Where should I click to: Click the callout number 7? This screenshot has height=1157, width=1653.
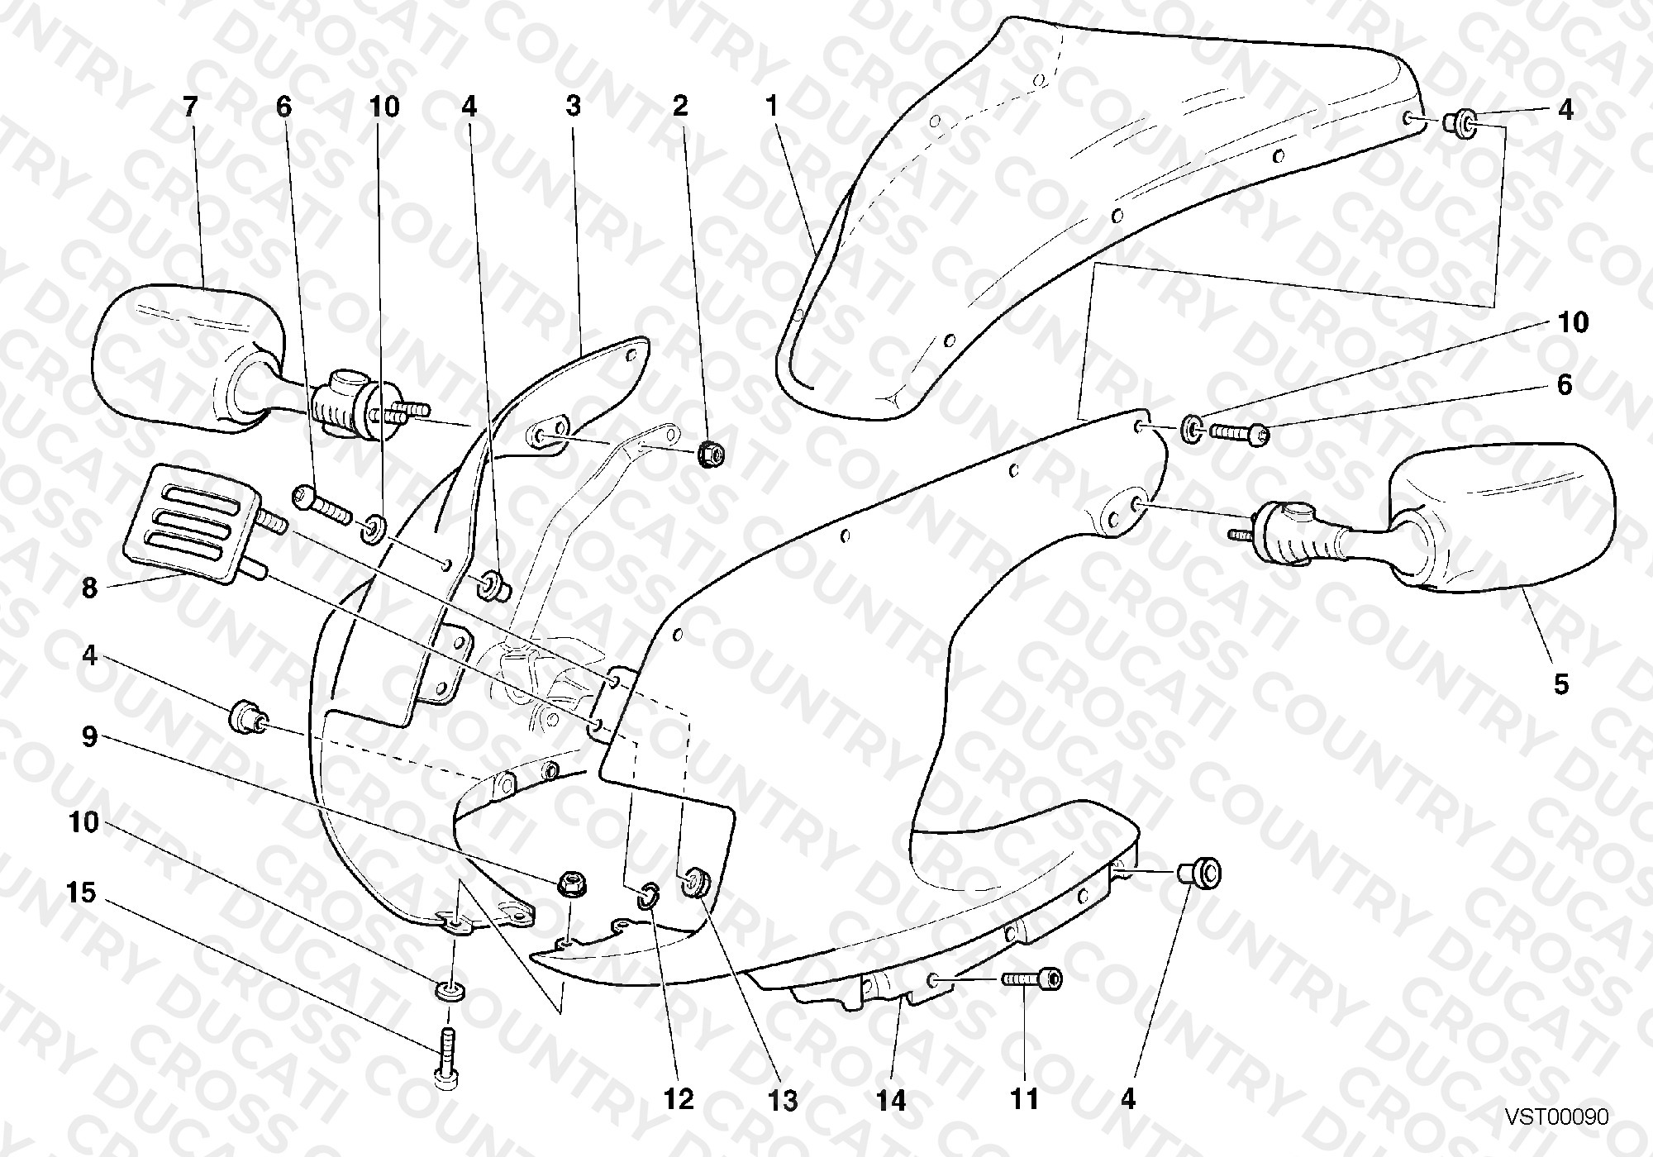(190, 107)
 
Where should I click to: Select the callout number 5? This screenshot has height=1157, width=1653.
(1560, 684)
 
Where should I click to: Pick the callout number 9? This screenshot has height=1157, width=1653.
(89, 736)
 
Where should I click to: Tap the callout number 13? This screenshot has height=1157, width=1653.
(784, 1101)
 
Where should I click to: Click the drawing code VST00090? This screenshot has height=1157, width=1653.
(1556, 1117)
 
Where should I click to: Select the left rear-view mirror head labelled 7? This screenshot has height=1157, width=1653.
(187, 363)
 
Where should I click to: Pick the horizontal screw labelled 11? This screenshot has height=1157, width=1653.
(1032, 978)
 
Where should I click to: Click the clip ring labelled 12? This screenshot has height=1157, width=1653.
(647, 893)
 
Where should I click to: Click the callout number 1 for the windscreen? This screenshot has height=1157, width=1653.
(772, 107)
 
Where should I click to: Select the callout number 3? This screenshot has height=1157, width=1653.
(574, 107)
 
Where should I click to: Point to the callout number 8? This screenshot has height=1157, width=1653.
(89, 588)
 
